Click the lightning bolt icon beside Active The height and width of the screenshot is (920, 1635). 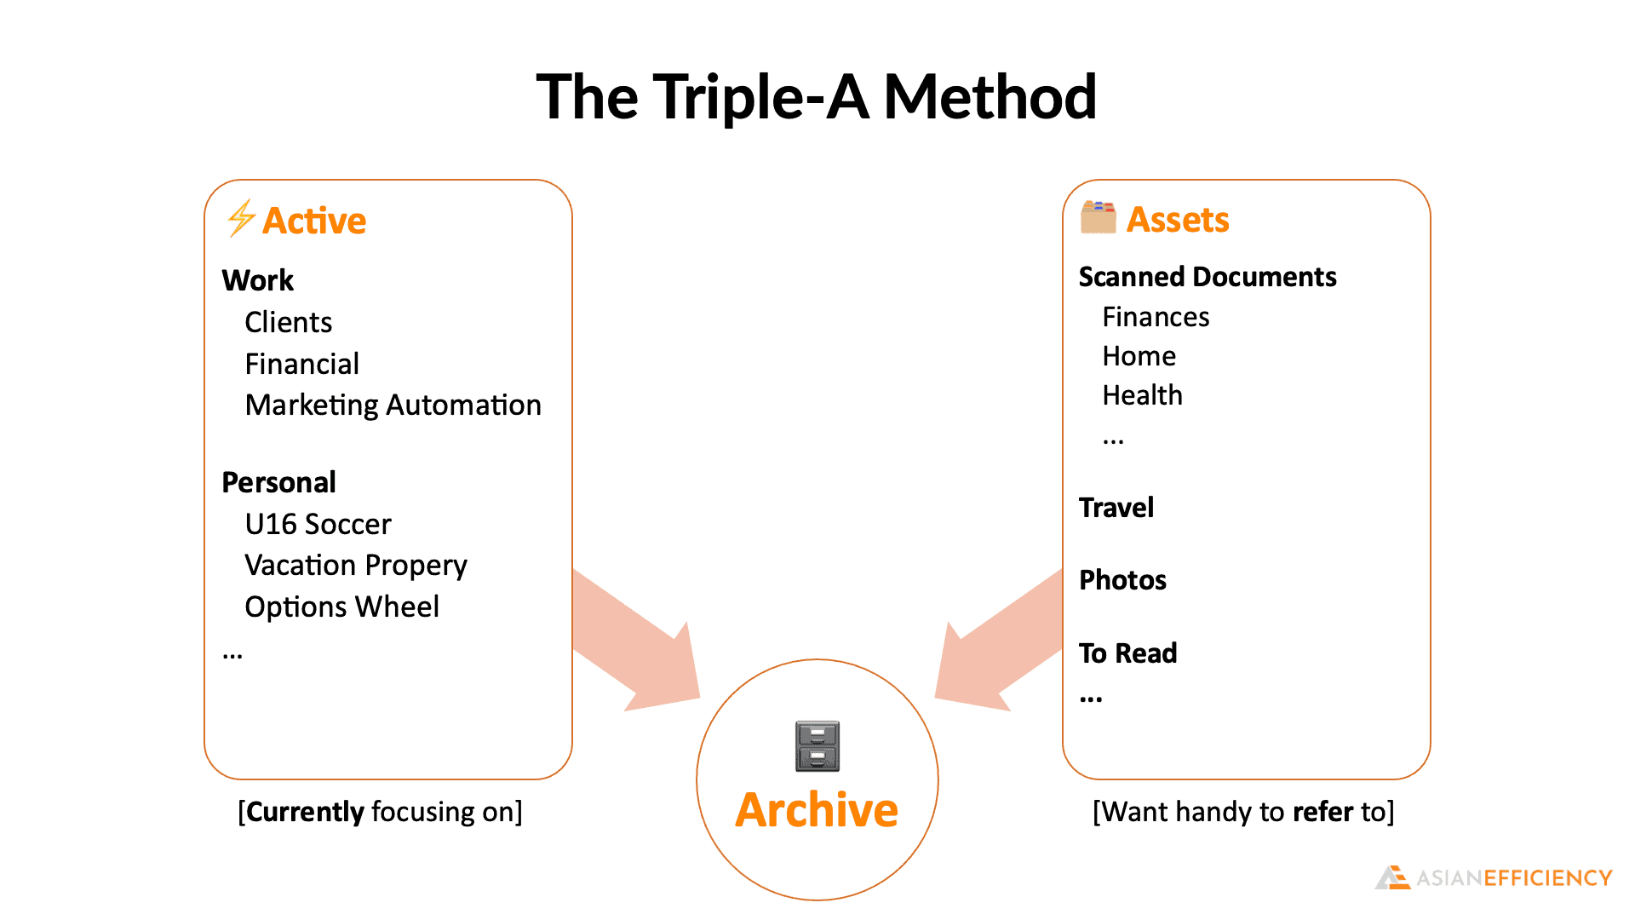[x=241, y=218]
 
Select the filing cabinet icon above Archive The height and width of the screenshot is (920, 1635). [x=817, y=746]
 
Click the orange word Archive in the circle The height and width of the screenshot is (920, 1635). [x=817, y=809]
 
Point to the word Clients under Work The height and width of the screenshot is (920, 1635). [x=288, y=322]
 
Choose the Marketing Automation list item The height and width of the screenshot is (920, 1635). [x=393, y=405]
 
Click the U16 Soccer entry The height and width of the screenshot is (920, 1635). [x=318, y=524]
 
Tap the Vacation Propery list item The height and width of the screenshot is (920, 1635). [x=356, y=566]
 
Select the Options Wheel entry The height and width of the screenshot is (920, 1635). [x=341, y=607]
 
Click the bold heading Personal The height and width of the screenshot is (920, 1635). [x=278, y=482]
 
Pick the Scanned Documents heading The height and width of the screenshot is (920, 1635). [x=1208, y=277]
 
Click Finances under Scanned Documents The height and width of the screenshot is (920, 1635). [x=1156, y=317]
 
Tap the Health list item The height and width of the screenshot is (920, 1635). [x=1142, y=395]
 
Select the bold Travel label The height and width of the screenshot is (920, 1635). [x=1116, y=508]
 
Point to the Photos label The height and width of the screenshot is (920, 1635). [x=1122, y=580]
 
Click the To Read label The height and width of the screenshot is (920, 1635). [x=1127, y=653]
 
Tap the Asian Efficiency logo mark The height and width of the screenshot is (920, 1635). [x=1392, y=877]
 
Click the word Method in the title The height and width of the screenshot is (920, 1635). [x=990, y=96]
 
